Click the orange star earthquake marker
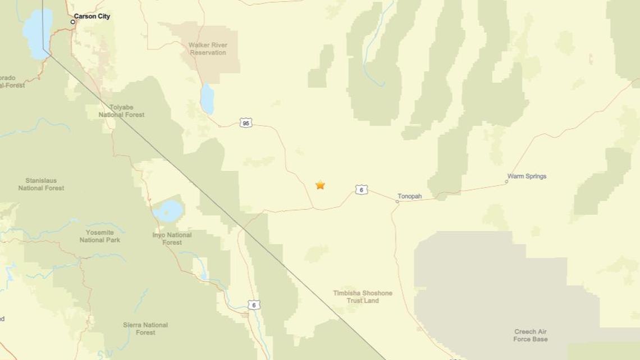(320, 185)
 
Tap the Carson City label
(92, 17)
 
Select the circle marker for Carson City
(73, 22)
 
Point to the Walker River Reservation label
(208, 49)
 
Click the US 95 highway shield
(246, 122)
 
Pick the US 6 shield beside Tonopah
(361, 190)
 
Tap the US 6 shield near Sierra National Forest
(254, 304)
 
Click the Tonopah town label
(410, 197)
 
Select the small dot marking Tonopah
(397, 201)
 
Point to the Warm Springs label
(527, 176)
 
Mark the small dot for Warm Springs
(506, 181)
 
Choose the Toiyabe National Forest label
(121, 111)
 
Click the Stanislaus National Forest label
(41, 184)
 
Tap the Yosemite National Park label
(100, 236)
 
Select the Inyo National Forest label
(172, 239)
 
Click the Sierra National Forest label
(145, 329)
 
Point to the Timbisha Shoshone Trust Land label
(363, 297)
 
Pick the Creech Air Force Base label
(530, 335)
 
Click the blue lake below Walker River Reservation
(207, 99)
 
